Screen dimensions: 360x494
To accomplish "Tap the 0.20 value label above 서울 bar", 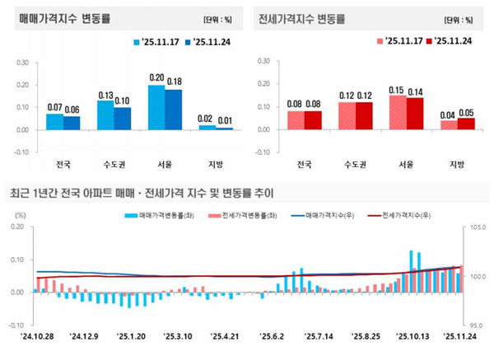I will point(156,77).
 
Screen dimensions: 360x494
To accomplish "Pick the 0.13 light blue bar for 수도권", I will point(105,115).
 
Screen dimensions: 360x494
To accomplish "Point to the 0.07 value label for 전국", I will point(54,107).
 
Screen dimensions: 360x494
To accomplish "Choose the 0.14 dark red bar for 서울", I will point(415,114).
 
